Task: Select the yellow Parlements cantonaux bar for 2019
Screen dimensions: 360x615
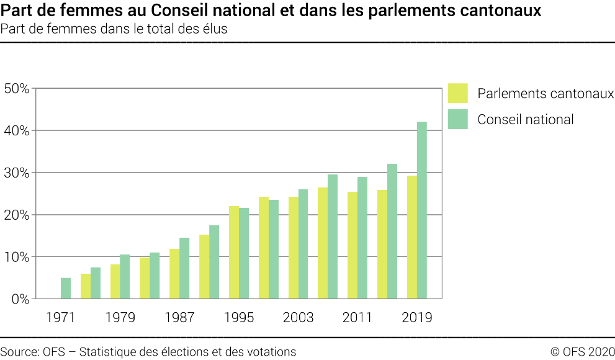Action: click(412, 237)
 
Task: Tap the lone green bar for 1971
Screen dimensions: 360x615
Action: click(66, 289)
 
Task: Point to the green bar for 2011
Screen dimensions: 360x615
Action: click(362, 238)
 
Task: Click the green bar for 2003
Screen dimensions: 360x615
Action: click(303, 244)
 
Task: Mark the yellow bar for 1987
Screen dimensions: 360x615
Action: click(174, 274)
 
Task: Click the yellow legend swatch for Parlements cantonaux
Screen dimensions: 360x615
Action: click(457, 93)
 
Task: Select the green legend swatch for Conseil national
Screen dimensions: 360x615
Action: click(457, 119)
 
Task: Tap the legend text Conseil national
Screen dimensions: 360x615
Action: click(525, 120)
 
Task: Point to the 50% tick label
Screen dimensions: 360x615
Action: click(17, 88)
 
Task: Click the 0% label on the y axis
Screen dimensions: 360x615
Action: click(20, 299)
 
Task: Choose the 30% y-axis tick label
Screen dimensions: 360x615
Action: click(17, 173)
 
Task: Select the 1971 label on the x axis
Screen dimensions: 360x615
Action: click(61, 318)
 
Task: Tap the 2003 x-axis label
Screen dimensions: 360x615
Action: click(299, 318)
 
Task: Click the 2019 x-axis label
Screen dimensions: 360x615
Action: click(417, 318)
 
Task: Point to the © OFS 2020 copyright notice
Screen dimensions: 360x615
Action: click(582, 351)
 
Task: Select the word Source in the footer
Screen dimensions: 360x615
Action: click(19, 351)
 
